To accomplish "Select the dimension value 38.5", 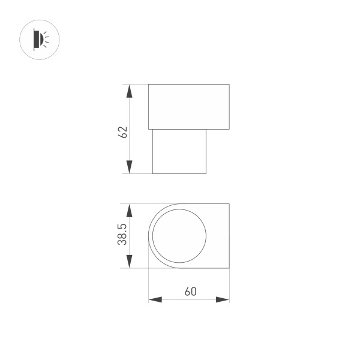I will pyautogui.click(x=122, y=235).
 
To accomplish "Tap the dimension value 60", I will pyautogui.click(x=190, y=292).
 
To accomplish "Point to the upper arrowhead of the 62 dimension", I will pyautogui.click(x=128, y=92).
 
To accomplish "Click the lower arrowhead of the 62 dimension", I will pyautogui.click(x=128, y=167).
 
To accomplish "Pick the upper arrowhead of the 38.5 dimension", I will pyautogui.click(x=128, y=211).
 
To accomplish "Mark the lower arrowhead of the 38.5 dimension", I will pyautogui.click(x=128, y=260).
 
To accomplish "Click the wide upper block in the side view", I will pyautogui.click(x=189, y=107).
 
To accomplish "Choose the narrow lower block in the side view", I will pyautogui.click(x=179, y=151).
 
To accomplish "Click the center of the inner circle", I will pyautogui.click(x=179, y=236).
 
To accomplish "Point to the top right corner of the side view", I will pyautogui.click(x=229, y=85).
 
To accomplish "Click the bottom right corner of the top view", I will pyautogui.click(x=229, y=268).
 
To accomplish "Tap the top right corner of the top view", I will pyautogui.click(x=229, y=204).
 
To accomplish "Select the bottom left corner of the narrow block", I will pyautogui.click(x=153, y=174).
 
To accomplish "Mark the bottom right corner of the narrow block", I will pyautogui.click(x=206, y=174).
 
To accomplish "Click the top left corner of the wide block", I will pyautogui.click(x=149, y=85).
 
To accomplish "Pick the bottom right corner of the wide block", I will pyautogui.click(x=229, y=129).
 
